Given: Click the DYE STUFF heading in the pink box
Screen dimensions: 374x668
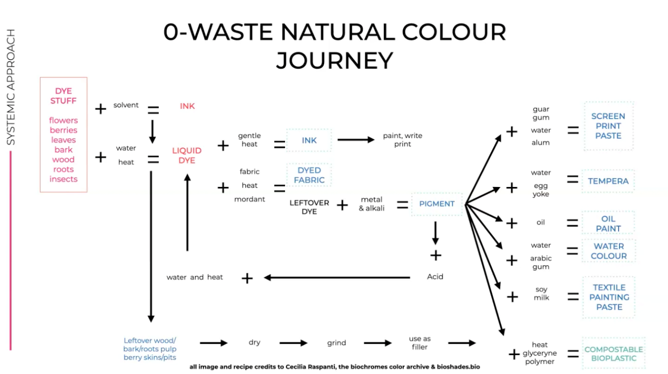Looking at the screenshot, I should (x=63, y=95).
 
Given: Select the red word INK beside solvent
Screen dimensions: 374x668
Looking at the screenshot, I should (x=187, y=106).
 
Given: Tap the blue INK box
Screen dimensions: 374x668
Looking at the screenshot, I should (x=309, y=140).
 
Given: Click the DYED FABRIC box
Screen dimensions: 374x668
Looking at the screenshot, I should (x=309, y=175).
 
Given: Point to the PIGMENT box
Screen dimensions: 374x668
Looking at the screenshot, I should (x=436, y=203).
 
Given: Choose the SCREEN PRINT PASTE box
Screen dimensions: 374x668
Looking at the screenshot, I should (x=608, y=126).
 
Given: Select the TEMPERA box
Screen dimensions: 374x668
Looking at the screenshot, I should (x=608, y=181).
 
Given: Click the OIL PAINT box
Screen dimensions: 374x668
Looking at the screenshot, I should (x=608, y=224).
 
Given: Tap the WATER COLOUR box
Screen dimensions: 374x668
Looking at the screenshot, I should (x=609, y=251).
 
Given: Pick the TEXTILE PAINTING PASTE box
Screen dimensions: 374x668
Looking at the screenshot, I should (x=609, y=297).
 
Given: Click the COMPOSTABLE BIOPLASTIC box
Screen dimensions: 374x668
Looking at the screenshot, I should (x=614, y=354).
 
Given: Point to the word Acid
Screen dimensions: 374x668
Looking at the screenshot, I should (x=435, y=277).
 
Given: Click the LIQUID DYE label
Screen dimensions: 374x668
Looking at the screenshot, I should (x=187, y=155).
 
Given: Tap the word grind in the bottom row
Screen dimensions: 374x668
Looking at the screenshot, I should (x=336, y=343).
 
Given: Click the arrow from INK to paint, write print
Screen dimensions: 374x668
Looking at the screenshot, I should (x=356, y=140).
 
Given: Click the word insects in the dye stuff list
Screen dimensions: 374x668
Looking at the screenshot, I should (x=63, y=179).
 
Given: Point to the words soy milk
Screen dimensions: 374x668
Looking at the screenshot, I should (x=541, y=293).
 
